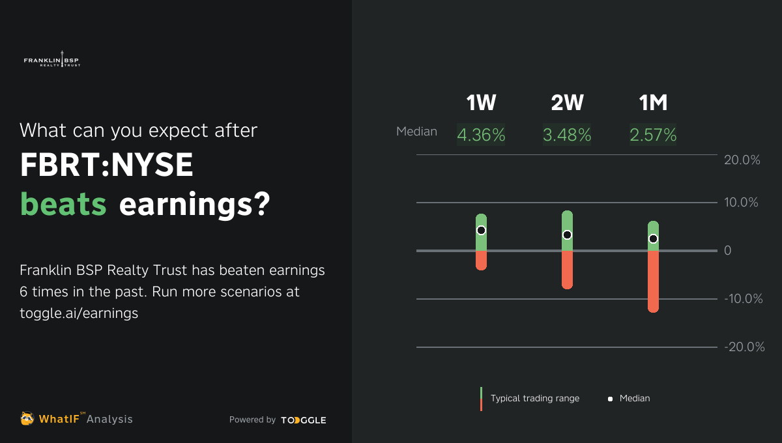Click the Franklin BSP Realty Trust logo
[51, 60]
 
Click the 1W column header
[481, 103]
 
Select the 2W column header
[567, 103]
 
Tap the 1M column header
[653, 103]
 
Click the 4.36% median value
[481, 135]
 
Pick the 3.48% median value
[567, 135]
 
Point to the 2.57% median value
[653, 135]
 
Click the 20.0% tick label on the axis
[742, 160]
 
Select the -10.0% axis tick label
[742, 299]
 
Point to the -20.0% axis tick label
[744, 347]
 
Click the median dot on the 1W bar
[481, 230]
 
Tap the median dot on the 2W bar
[567, 235]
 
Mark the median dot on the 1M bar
[653, 238]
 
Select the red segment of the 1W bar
[481, 260]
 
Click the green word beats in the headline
[63, 205]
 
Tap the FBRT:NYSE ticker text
[107, 166]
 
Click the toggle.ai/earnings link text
[79, 313]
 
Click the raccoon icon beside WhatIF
[27, 418]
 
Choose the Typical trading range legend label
[534, 398]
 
